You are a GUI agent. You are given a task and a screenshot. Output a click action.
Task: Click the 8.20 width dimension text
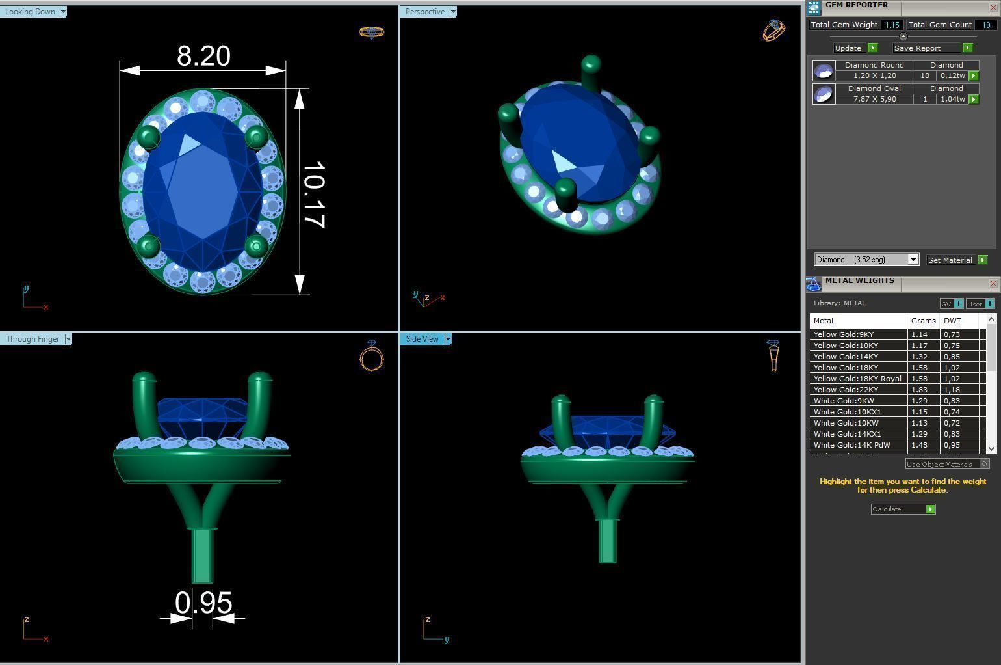pos(203,56)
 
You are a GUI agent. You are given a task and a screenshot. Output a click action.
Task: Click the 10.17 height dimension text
pos(314,194)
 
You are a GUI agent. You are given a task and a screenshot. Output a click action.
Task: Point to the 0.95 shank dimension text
pos(203,603)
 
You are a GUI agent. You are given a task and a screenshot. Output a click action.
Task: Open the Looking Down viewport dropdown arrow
pos(63,12)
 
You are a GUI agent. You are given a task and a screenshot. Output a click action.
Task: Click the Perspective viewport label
pos(425,12)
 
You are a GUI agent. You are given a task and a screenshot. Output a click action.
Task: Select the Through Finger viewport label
pos(32,339)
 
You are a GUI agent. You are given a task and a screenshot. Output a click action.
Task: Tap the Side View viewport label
pos(422,339)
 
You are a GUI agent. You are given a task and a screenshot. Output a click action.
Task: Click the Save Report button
pos(917,48)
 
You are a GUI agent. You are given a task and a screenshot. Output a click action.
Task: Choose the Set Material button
pos(950,260)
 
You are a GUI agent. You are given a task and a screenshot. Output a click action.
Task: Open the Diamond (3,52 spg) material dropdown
pos(913,260)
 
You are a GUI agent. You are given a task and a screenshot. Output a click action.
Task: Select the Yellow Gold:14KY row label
pos(846,357)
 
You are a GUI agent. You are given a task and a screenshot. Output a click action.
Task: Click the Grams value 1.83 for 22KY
pos(919,390)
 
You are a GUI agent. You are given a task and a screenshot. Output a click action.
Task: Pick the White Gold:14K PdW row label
pos(851,445)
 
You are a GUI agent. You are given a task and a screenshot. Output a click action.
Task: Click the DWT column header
pos(952,321)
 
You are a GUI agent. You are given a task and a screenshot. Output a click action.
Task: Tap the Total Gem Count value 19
pos(986,25)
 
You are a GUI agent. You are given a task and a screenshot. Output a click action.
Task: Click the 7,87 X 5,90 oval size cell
pos(874,99)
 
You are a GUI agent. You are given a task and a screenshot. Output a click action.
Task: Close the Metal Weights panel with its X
pos(993,284)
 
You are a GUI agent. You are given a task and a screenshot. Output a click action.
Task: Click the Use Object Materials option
pos(939,464)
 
